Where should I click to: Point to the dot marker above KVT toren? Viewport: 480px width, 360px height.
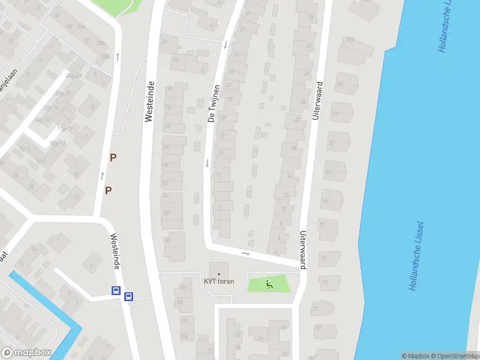pyautogui.click(x=218, y=274)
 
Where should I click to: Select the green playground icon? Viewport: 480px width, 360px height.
pyautogui.click(x=269, y=284)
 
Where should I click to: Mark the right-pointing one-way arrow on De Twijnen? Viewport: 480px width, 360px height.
pyautogui.click(x=245, y=254)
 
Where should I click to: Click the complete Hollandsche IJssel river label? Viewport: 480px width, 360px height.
pyautogui.click(x=417, y=256)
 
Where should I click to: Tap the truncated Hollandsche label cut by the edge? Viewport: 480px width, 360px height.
pyautogui.click(x=445, y=27)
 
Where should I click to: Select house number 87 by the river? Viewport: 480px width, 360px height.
pyautogui.click(x=332, y=143)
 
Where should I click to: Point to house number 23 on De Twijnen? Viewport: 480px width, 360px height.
pyautogui.click(x=223, y=117)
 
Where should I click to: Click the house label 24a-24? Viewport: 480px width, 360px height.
pyautogui.click(x=74, y=76)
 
